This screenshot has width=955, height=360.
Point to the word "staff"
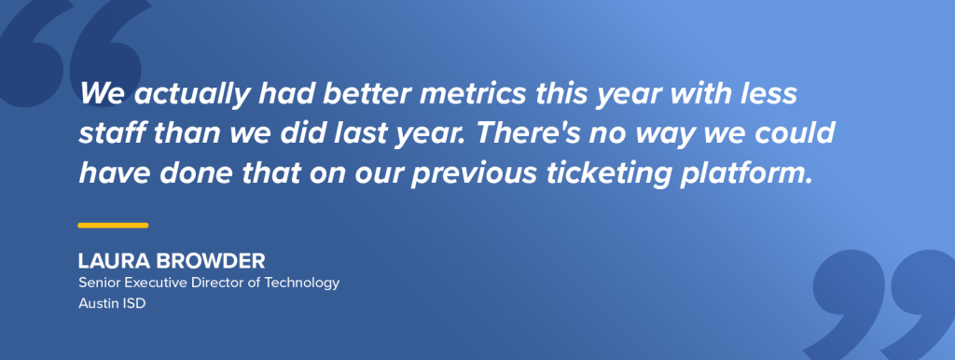(107, 134)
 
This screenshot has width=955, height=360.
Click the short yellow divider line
(113, 225)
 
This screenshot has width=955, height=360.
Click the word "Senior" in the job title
(98, 283)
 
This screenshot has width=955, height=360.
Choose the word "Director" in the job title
(217, 283)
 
